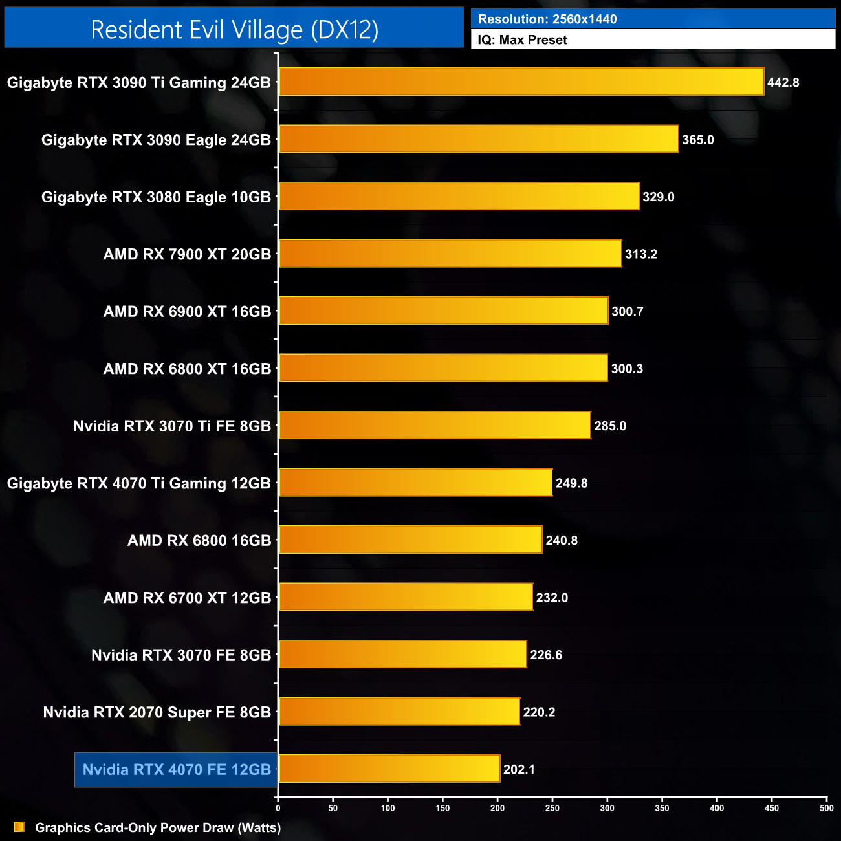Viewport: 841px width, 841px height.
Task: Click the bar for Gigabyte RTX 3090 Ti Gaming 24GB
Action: click(x=521, y=82)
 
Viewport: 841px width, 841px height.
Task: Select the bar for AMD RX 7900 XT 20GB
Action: click(x=450, y=254)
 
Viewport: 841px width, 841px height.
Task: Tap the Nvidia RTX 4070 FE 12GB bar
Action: click(x=389, y=769)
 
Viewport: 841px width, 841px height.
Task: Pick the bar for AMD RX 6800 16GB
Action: click(x=410, y=540)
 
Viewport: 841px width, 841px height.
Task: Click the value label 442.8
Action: click(x=783, y=83)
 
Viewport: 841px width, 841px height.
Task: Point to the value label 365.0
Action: click(x=697, y=140)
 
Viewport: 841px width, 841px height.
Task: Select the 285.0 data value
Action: click(x=610, y=426)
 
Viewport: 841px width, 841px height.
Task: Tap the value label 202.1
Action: click(x=519, y=770)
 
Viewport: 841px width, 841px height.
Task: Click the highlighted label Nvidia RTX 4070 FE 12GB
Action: click(x=177, y=770)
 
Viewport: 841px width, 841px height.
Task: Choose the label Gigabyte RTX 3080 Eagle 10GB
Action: click(x=156, y=197)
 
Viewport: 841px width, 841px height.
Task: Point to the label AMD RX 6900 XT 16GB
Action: click(x=187, y=312)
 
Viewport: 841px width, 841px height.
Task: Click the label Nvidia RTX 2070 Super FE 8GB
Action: click(x=157, y=712)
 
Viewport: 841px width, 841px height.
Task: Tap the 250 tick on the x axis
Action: click(x=552, y=808)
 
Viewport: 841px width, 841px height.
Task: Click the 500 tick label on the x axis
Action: click(x=826, y=808)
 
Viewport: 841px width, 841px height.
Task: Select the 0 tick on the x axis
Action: click(x=278, y=808)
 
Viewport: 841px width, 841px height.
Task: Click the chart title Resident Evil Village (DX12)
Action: click(x=234, y=30)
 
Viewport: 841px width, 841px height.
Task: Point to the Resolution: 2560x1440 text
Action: click(x=547, y=19)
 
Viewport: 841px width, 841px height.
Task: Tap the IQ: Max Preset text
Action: click(x=522, y=40)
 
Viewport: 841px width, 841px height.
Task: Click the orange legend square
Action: click(x=19, y=827)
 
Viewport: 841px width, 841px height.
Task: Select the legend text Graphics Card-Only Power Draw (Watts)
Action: click(x=158, y=827)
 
